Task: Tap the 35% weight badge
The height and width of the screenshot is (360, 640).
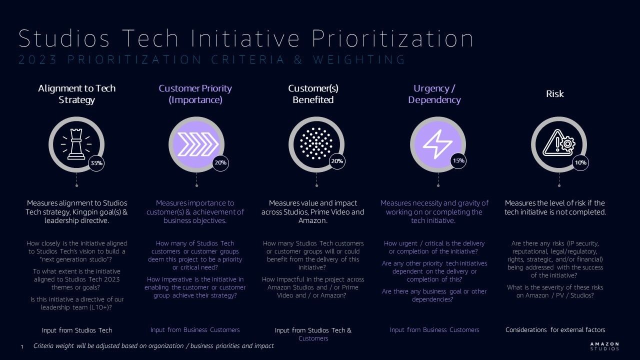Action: [x=96, y=163]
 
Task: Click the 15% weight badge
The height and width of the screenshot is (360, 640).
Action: [x=458, y=161]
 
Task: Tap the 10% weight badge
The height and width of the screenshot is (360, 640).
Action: [x=580, y=162]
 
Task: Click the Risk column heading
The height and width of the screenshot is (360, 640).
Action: [x=555, y=94]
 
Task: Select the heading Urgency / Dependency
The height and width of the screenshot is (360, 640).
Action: [x=434, y=94]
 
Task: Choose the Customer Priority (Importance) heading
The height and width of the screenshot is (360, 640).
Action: [x=195, y=94]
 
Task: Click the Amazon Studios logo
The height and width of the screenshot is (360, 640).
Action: [x=604, y=346]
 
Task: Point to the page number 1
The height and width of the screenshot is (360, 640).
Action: [x=22, y=346]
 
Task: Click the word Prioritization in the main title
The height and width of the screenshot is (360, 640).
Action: [x=392, y=39]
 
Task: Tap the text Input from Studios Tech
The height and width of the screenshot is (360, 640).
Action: [x=77, y=330]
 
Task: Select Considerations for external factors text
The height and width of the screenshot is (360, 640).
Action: [x=555, y=330]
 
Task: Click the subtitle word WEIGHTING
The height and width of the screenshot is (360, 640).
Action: [x=359, y=60]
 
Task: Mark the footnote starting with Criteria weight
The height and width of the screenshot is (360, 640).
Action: [x=153, y=346]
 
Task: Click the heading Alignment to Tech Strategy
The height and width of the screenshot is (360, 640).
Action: [x=76, y=94]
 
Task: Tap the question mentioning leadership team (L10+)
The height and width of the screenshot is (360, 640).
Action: [x=77, y=303]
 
